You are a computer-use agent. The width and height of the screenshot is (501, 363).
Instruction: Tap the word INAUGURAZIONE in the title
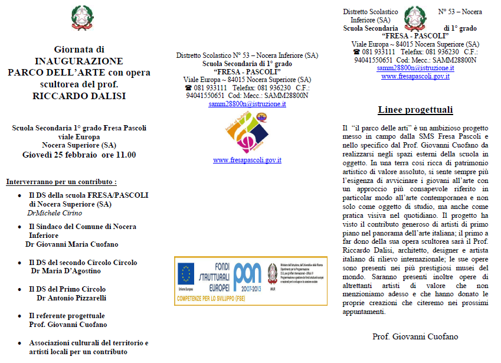coord(78,61)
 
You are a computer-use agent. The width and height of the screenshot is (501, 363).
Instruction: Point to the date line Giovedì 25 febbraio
coord(78,155)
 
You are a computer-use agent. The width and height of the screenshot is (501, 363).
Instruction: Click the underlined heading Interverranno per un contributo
coord(61,181)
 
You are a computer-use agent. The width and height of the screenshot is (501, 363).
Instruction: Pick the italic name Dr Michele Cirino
coord(54,213)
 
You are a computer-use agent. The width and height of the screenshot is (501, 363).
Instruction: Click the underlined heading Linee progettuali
coord(415,110)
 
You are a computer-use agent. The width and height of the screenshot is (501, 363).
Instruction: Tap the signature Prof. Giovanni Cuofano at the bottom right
coord(415,336)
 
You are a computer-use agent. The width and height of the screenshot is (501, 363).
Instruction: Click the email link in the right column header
coord(415,68)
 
